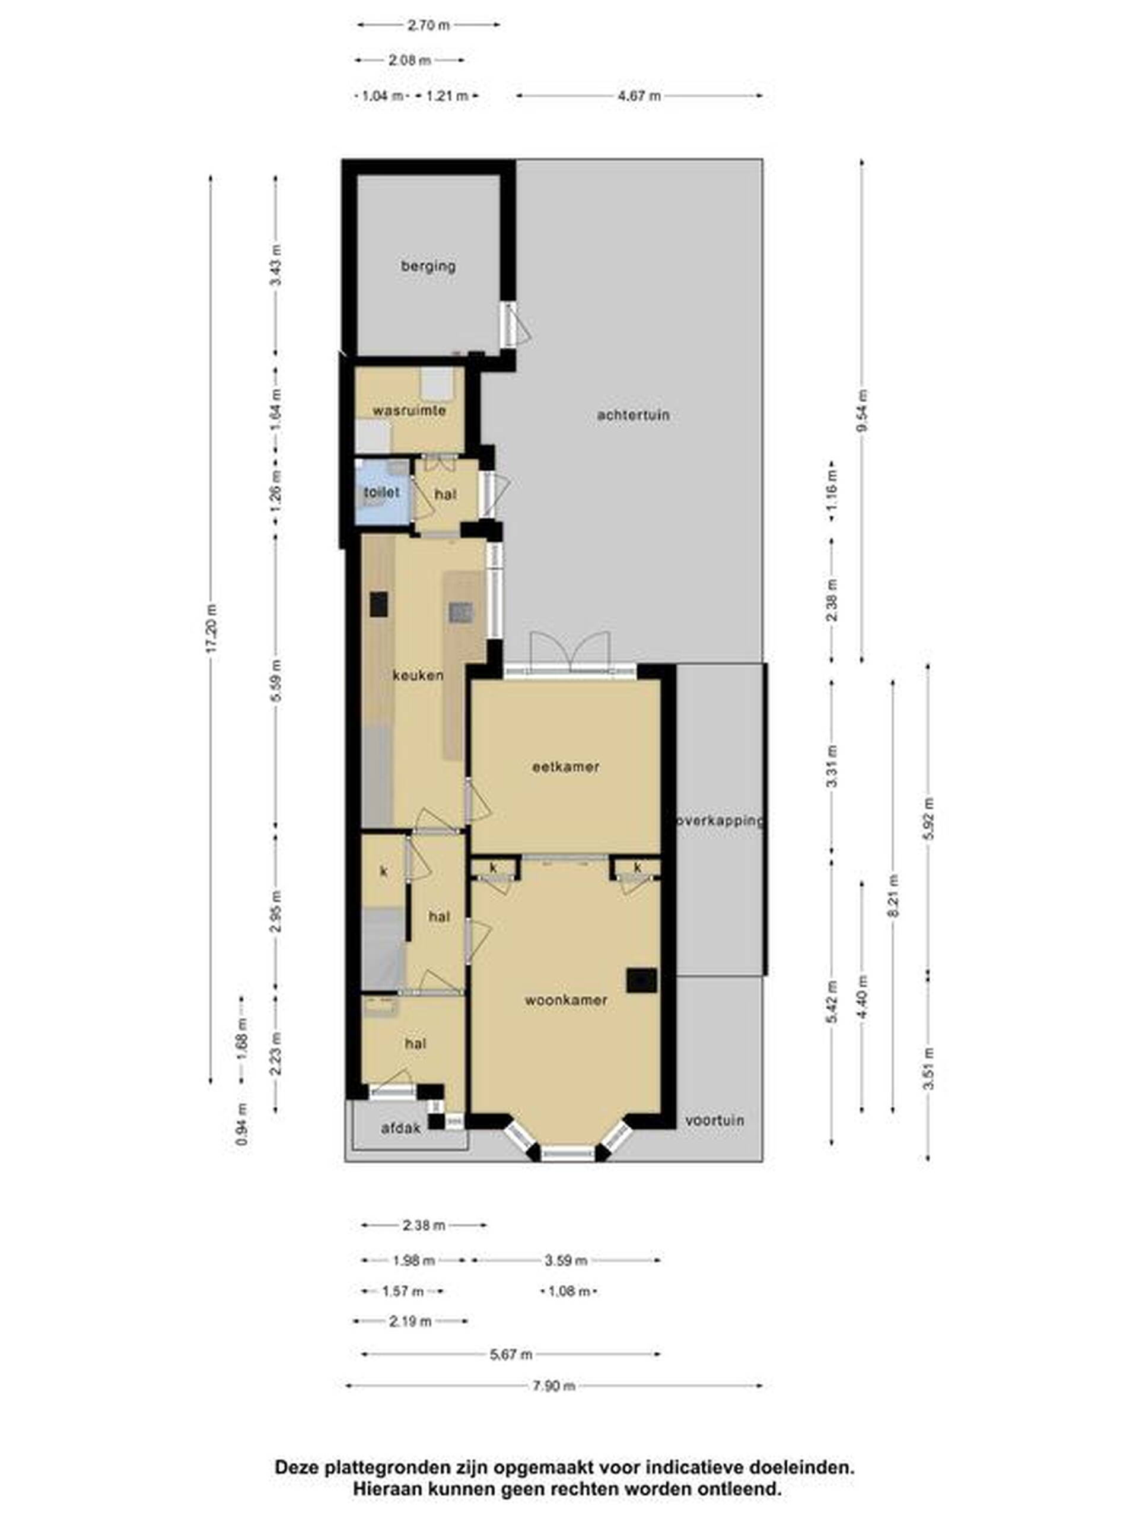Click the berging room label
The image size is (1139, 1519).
[428, 266]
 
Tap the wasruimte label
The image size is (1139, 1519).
[409, 410]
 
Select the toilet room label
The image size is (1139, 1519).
[381, 492]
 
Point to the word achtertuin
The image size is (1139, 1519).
[633, 415]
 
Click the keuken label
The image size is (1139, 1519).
[418, 675]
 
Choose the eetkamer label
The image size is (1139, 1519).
[566, 767]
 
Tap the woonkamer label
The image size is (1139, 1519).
[566, 1000]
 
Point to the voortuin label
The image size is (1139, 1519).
[714, 1120]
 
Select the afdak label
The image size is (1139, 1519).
[400, 1128]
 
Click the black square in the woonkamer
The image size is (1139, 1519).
[641, 980]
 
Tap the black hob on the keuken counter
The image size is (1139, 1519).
[378, 604]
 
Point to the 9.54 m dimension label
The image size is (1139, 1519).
[863, 410]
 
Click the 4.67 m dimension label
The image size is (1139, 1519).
[639, 96]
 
